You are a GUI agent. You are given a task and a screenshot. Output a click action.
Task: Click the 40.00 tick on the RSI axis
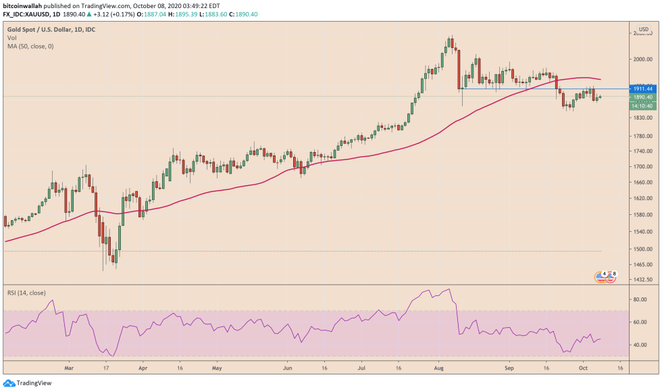click(x=640, y=345)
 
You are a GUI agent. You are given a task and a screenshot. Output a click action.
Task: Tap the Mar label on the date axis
click(x=68, y=370)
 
